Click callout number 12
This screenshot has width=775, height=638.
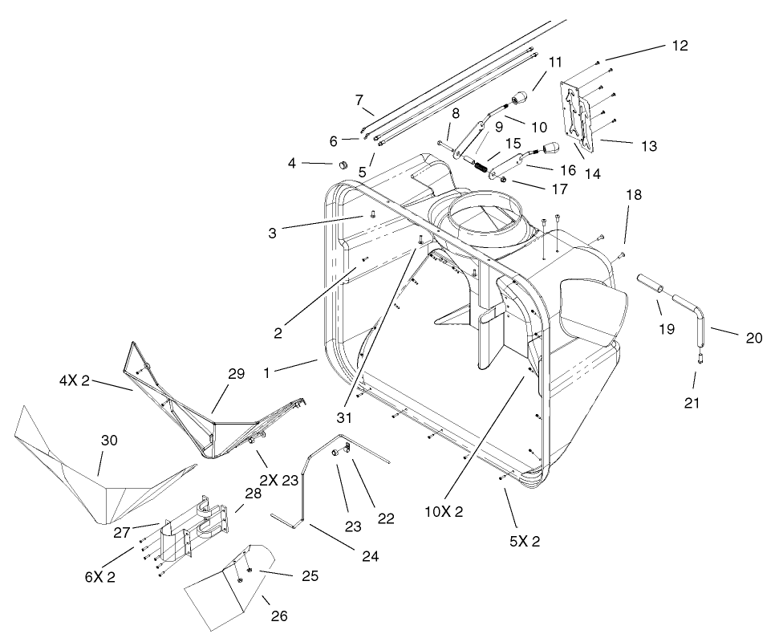pos(680,45)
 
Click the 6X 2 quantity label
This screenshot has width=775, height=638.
pos(100,576)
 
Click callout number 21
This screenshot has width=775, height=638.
pos(692,403)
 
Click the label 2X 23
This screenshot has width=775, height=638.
pos(279,482)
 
